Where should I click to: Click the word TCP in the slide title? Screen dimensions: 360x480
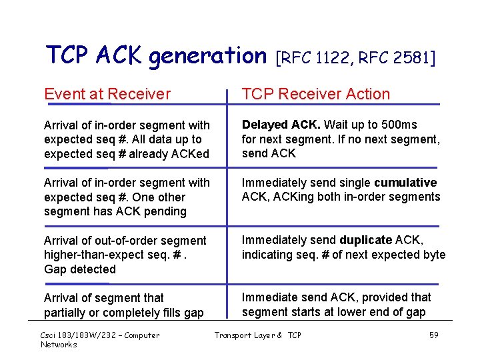click(x=65, y=55)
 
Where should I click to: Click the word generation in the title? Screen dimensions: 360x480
click(x=207, y=56)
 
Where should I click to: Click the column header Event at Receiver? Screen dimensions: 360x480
click(x=107, y=94)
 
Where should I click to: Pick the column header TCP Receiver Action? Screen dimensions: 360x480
click(x=315, y=94)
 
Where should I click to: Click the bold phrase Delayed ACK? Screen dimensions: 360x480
click(x=280, y=125)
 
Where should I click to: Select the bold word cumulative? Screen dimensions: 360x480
click(x=405, y=183)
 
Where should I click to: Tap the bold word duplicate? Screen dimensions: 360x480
click(x=366, y=240)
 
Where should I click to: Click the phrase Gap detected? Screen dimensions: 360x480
click(x=80, y=269)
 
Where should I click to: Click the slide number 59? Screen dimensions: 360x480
click(x=433, y=335)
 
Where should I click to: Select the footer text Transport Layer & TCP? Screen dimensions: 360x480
click(x=257, y=335)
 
